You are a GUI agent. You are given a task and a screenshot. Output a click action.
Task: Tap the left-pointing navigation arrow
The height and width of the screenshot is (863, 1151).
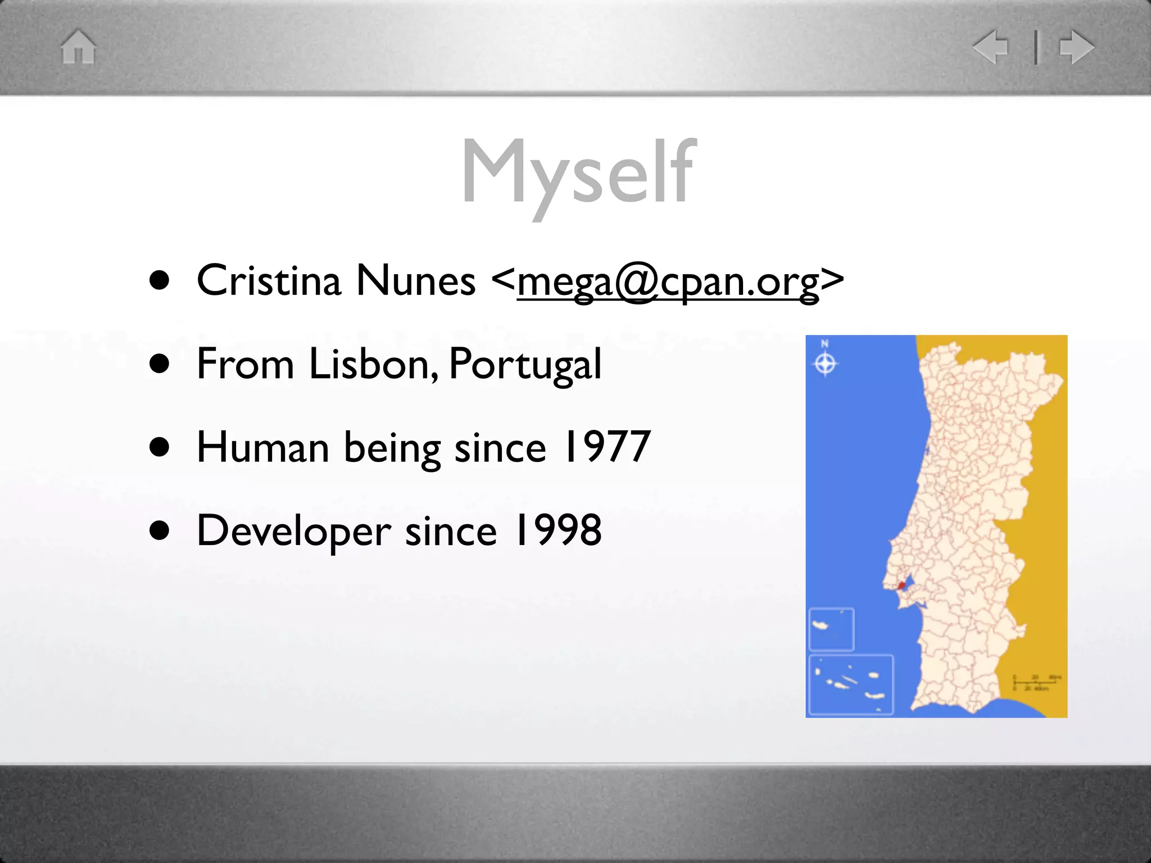991,47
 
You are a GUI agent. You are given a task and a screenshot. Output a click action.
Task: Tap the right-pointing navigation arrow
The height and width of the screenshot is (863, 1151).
1077,47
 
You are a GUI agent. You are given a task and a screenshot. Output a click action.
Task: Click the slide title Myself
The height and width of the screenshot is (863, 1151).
579,171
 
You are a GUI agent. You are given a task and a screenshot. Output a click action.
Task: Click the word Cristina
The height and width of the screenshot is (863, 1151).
269,280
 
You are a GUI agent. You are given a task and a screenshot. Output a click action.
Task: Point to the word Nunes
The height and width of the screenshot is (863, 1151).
415,280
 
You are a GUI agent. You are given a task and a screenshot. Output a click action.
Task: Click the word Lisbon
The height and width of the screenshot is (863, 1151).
373,364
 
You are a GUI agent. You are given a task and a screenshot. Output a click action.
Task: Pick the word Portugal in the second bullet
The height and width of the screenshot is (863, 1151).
525,364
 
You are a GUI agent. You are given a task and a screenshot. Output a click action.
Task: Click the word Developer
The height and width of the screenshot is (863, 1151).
293,531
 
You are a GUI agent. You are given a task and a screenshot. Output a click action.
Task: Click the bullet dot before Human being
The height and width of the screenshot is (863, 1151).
160,447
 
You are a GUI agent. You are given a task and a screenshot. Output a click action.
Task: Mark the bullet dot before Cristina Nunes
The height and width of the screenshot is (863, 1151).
160,280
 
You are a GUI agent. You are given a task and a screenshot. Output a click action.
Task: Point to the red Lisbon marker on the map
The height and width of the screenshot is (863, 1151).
901,585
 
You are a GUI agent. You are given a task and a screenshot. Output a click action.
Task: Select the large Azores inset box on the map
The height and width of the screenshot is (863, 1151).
851,684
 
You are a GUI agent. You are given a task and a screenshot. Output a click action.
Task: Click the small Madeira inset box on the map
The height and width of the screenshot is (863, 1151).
831,629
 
